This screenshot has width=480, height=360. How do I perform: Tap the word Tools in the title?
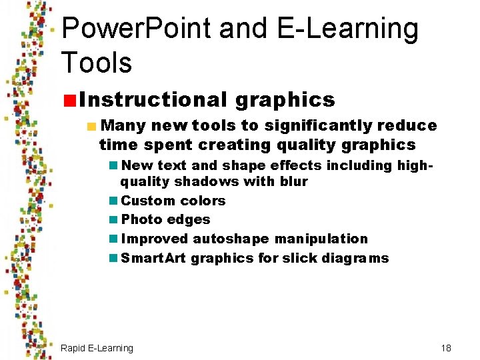pyautogui.click(x=96, y=62)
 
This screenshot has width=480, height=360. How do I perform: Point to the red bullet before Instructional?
pyautogui.click(x=69, y=101)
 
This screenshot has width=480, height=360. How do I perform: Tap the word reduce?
pyautogui.click(x=407, y=125)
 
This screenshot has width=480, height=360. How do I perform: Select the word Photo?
pyautogui.click(x=141, y=219)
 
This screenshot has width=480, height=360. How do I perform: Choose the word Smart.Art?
pyautogui.click(x=153, y=258)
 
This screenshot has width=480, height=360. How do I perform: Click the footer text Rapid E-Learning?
pyautogui.click(x=97, y=348)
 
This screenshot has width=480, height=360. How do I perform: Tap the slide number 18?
pyautogui.click(x=446, y=348)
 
